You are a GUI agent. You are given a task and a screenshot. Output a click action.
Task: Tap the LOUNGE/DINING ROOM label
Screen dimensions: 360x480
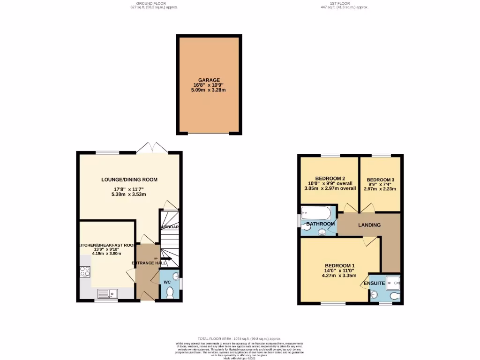tap(129, 180)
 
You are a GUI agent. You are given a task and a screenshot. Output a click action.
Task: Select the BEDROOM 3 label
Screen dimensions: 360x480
tap(380, 180)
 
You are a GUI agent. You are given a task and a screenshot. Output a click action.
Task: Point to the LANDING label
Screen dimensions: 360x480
tap(369, 225)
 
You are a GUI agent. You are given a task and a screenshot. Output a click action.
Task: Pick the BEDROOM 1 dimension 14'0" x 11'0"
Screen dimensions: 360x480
tap(340, 270)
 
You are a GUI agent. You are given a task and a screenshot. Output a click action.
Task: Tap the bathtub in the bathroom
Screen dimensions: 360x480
tap(316, 214)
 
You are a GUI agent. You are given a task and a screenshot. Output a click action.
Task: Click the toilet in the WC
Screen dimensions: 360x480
tap(170, 292)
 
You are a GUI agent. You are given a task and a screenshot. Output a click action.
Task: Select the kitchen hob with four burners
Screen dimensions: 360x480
tap(85, 271)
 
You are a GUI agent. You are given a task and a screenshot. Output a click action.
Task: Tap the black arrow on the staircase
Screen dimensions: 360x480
tap(166, 258)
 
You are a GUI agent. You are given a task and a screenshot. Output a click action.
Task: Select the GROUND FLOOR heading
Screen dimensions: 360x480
tap(154, 4)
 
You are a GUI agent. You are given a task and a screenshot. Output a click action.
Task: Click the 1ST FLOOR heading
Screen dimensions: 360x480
tap(345, 4)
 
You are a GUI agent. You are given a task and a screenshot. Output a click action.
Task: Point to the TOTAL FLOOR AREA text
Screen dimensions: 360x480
tap(239, 338)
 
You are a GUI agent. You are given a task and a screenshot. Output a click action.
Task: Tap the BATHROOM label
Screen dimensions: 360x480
tap(321, 224)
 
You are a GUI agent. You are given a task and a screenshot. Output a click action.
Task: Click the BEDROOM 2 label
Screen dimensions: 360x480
tap(330, 178)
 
